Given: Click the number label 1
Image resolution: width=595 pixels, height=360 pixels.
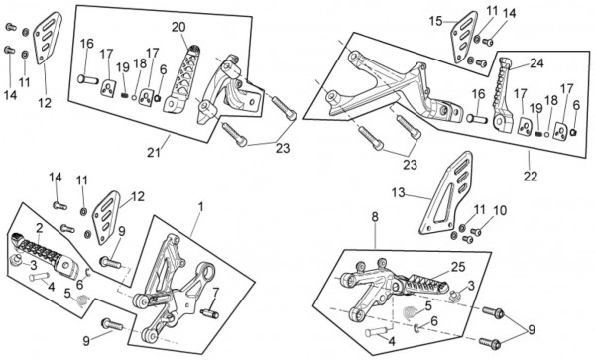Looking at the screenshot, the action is [200, 207].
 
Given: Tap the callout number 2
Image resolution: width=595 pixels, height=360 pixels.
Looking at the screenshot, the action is [40, 229].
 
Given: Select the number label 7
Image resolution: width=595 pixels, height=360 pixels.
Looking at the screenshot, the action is [215, 293].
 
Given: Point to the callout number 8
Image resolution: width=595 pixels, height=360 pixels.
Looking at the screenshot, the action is [375, 217].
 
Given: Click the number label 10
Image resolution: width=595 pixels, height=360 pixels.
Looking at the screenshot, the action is [500, 210].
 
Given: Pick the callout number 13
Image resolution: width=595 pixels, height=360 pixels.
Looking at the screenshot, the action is [399, 193].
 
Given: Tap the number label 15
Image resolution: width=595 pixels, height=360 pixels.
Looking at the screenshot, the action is [436, 21].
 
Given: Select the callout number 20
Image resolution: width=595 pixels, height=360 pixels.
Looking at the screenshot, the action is [178, 27].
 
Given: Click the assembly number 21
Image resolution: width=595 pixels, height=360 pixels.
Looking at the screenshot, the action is [154, 153].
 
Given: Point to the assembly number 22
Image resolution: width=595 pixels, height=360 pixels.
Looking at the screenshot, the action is [531, 176].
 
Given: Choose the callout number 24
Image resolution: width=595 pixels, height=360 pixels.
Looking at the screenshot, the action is [536, 62].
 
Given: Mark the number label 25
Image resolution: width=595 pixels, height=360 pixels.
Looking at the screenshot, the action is [458, 267].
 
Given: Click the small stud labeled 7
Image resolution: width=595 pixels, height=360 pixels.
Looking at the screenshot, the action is [209, 314].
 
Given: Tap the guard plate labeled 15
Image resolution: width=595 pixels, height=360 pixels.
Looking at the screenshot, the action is [464, 37].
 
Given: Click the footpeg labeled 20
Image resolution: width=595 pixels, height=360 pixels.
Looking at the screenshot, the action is [179, 79].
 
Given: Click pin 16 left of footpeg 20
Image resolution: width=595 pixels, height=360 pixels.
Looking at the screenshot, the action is [88, 80].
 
